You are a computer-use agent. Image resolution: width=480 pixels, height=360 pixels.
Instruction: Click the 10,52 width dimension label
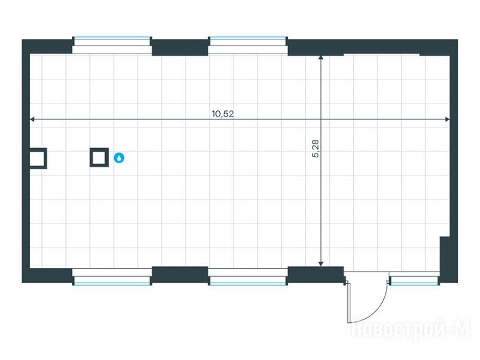[x=224, y=114]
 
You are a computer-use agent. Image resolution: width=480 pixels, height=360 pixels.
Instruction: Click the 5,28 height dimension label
[x=315, y=149]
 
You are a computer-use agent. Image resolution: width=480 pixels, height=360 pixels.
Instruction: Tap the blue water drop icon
[x=119, y=158]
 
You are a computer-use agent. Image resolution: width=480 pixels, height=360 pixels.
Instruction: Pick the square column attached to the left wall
[x=38, y=158]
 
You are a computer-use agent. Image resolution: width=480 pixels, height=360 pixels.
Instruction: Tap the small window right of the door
[x=414, y=279]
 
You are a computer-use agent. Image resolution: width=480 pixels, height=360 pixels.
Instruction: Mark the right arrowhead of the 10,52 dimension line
[x=446, y=120]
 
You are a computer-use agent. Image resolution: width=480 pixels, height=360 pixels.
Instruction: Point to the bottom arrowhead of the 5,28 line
[x=321, y=263]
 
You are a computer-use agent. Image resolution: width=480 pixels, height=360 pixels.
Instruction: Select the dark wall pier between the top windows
[x=180, y=47]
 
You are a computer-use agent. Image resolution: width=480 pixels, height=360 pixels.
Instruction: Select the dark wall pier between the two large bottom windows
[x=180, y=274]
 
